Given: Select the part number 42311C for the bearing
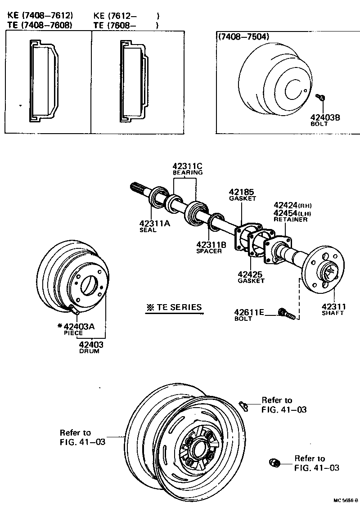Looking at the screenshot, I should pyautogui.click(x=188, y=166).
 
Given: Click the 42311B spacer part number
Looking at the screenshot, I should pyautogui.click(x=211, y=245).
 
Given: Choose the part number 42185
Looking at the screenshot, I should pyautogui.click(x=242, y=192).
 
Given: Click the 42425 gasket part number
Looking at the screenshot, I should pyautogui.click(x=250, y=274).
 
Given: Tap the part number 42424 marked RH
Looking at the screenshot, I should pyautogui.click(x=286, y=205).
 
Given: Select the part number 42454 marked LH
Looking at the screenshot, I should pyautogui.click(x=286, y=212).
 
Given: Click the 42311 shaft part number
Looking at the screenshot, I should pyautogui.click(x=333, y=306).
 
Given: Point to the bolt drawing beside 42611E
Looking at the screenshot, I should pyautogui.click(x=287, y=314).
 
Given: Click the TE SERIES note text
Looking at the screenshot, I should pyautogui.click(x=173, y=308).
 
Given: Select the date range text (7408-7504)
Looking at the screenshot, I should pyautogui.click(x=241, y=37).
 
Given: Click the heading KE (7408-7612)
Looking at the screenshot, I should pyautogui.click(x=40, y=16).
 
